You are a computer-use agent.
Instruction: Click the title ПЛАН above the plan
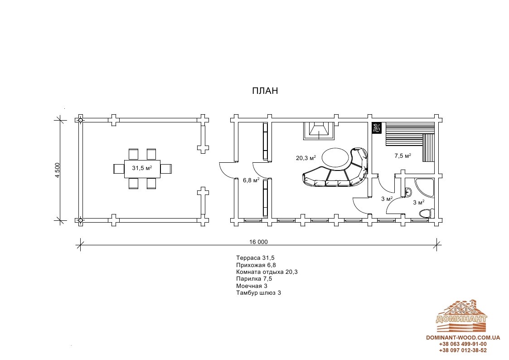[265, 91]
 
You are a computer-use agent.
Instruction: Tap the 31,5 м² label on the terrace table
[142, 168]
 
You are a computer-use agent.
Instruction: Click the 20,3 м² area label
[306, 158]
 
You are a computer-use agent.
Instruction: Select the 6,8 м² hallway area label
[251, 180]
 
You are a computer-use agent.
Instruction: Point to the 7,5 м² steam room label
[403, 156]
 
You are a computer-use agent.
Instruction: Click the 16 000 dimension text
[258, 242]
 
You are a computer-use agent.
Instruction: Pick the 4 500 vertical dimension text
[58, 170]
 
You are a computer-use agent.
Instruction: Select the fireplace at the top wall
[319, 131]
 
